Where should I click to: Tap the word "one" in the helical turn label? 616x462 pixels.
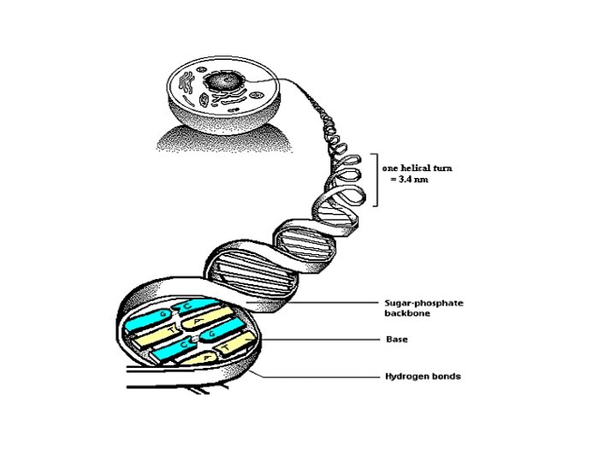pyautogui.click(x=391, y=169)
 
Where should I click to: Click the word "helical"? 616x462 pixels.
pyautogui.click(x=418, y=169)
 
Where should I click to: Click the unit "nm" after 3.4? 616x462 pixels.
pyautogui.click(x=424, y=180)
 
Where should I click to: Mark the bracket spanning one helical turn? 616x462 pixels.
pyautogui.click(x=375, y=180)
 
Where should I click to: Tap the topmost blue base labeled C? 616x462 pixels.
pyautogui.click(x=181, y=307)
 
